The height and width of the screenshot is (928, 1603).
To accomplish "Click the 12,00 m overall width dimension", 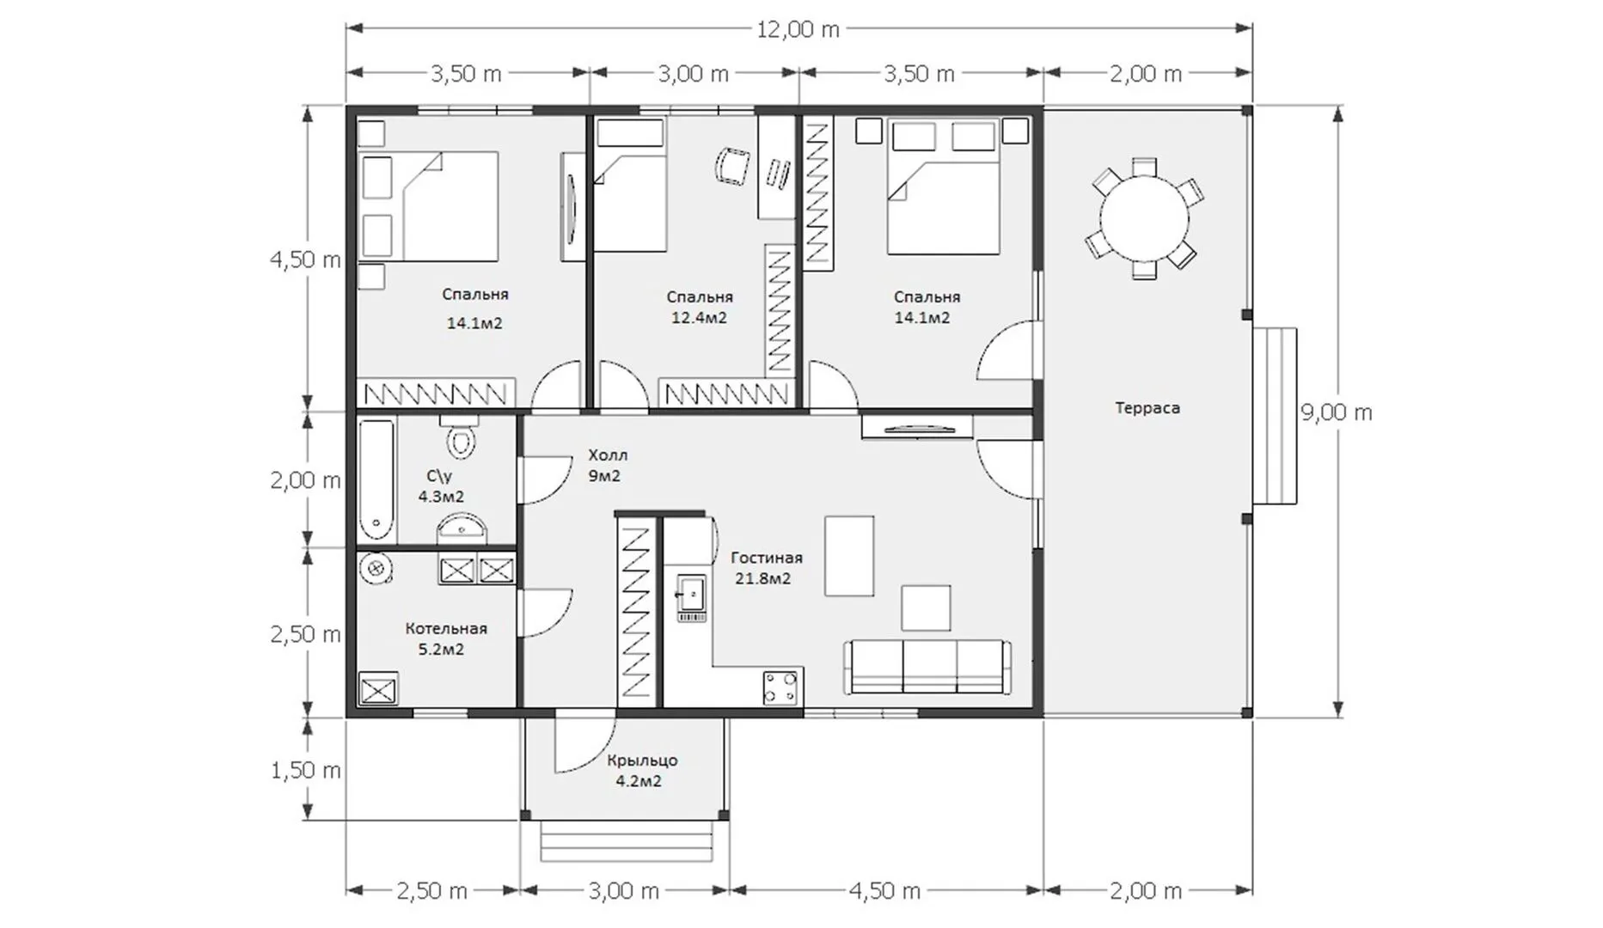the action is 798,29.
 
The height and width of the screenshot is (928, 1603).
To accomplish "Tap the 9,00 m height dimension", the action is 1337,412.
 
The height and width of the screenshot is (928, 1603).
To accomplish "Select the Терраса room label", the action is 1147,408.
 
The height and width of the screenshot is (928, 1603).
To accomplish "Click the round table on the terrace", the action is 1144,218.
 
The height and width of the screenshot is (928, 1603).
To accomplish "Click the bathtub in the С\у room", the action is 376,480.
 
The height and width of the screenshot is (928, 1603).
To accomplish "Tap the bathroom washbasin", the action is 462,528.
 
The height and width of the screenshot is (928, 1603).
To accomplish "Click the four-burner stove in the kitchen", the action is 780,687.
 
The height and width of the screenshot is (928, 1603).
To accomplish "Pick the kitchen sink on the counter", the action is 691,597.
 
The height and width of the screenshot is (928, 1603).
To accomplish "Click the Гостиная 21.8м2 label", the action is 766,568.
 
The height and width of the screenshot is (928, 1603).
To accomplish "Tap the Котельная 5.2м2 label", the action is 446,638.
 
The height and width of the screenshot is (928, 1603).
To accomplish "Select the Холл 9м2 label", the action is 607,465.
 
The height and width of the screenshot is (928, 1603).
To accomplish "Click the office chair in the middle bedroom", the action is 731,165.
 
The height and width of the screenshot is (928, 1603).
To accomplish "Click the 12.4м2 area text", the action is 699,318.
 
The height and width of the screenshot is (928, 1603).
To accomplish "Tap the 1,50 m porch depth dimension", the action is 306,771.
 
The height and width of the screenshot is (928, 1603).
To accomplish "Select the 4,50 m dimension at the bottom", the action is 885,891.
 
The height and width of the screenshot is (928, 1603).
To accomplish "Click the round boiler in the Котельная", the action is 376,567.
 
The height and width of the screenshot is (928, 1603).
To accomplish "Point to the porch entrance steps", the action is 627,841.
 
